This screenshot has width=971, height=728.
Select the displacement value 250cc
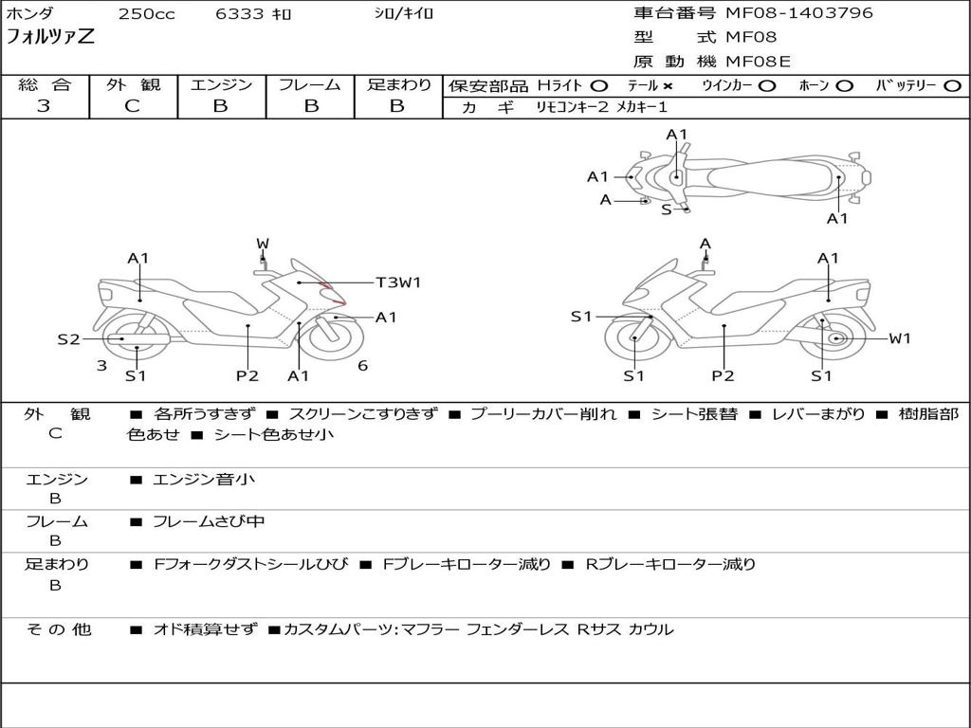pyautogui.click(x=146, y=14)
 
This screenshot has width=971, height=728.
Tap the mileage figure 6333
pyautogui.click(x=240, y=14)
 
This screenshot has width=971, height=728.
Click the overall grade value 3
pyautogui.click(x=44, y=106)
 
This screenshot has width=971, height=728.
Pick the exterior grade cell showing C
pyautogui.click(x=132, y=106)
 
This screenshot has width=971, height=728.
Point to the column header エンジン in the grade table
pyautogui.click(x=221, y=85)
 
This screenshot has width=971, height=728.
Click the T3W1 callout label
pyautogui.click(x=398, y=282)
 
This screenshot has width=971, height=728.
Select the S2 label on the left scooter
pyautogui.click(x=68, y=338)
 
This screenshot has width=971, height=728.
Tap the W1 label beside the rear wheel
pyautogui.click(x=899, y=338)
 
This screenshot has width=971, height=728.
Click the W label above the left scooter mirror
pyautogui.click(x=263, y=244)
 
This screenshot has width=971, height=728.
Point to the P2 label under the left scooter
pyautogui.click(x=247, y=376)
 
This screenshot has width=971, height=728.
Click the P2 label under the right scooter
pyautogui.click(x=724, y=376)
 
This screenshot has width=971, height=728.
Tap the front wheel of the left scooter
pyautogui.click(x=334, y=338)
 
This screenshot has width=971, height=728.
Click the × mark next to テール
pyautogui.click(x=668, y=85)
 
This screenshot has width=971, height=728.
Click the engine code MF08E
pyautogui.click(x=758, y=63)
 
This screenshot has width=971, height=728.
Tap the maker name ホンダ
pyautogui.click(x=30, y=14)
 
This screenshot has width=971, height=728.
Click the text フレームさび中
pyautogui.click(x=209, y=521)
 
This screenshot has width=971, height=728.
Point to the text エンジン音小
pyautogui.click(x=203, y=480)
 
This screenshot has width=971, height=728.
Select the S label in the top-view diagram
pyautogui.click(x=666, y=209)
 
